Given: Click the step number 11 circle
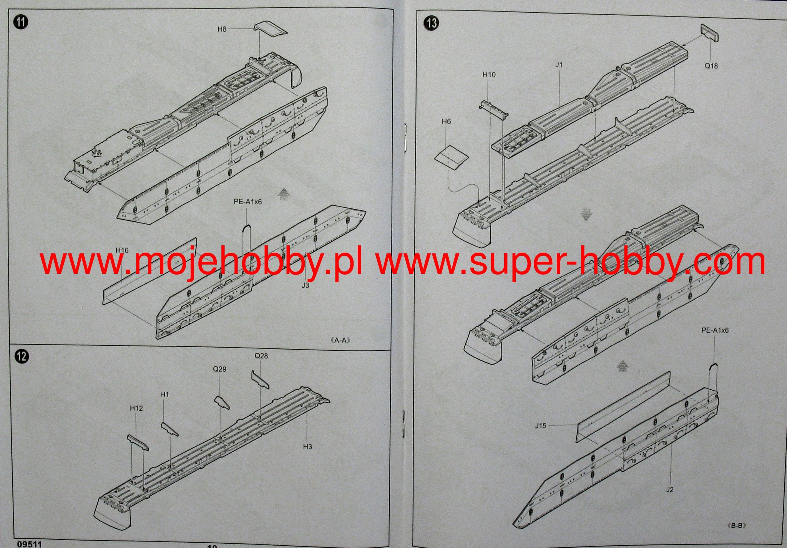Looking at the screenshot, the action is [x=21, y=22].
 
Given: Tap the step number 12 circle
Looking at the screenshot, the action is [x=22, y=356].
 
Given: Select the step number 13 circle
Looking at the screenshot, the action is [x=431, y=23].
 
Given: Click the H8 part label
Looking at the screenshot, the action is [x=222, y=29].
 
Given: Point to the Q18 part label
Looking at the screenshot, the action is [x=711, y=66].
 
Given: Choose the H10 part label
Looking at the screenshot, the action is [x=489, y=75].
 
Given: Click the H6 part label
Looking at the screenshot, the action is [x=446, y=122].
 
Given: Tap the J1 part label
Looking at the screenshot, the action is [x=559, y=65].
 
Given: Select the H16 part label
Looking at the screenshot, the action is [x=122, y=250].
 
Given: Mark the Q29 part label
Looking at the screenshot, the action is [x=220, y=369].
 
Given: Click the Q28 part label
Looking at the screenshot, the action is [x=261, y=356].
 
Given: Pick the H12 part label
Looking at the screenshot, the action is [x=136, y=408].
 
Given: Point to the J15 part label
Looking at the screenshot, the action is [x=541, y=426].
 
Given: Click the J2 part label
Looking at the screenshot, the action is [x=670, y=490].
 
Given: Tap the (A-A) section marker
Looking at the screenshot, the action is [x=340, y=340].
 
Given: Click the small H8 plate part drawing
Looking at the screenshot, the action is [x=271, y=29].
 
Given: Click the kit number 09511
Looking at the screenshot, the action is [x=29, y=544].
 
